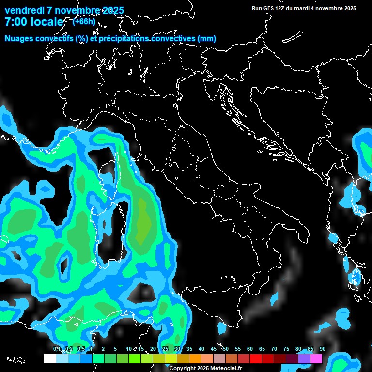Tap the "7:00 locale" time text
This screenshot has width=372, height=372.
[x=33, y=22]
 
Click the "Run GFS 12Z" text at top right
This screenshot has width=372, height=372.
[x=271, y=8]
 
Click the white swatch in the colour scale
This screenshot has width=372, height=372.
[x=49, y=358]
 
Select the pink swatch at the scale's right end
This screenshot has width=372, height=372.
[x=316, y=358]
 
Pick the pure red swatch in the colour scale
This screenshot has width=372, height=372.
[x=256, y=358]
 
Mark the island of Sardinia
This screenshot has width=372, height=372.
[x=109, y=232]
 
